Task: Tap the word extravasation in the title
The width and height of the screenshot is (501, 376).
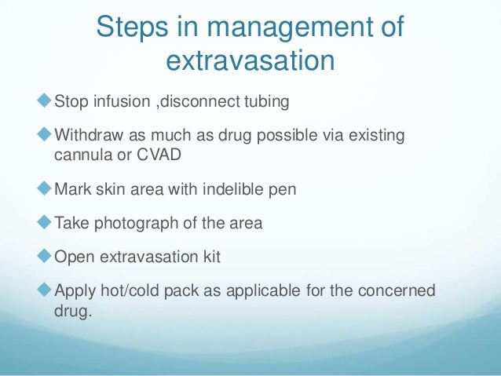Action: click(x=251, y=61)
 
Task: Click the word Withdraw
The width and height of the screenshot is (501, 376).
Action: click(x=87, y=136)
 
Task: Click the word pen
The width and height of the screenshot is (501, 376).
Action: click(x=283, y=189)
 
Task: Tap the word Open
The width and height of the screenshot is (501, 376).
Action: click(x=73, y=258)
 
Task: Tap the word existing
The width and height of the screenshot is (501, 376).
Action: click(x=378, y=136)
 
